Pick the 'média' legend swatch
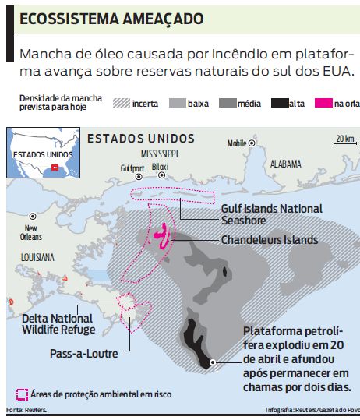pyautogui.click(x=228, y=103)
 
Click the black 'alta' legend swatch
pyautogui.click(x=279, y=103)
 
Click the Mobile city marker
pyautogui.click(x=252, y=143)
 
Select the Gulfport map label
pyautogui.click(x=132, y=168)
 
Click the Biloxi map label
pyautogui.click(x=160, y=167)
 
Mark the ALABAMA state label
pyautogui.click(x=285, y=164)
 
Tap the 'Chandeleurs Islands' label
pyautogui.click(x=269, y=240)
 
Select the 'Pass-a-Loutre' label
pyautogui.click(x=83, y=353)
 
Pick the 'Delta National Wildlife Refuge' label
pyautogui.click(x=58, y=323)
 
